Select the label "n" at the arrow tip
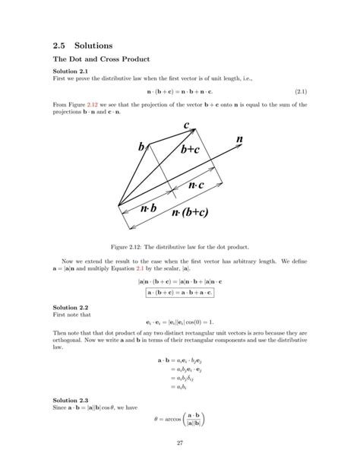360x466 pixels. (240, 140)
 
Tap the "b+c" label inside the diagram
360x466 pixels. (191, 151)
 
